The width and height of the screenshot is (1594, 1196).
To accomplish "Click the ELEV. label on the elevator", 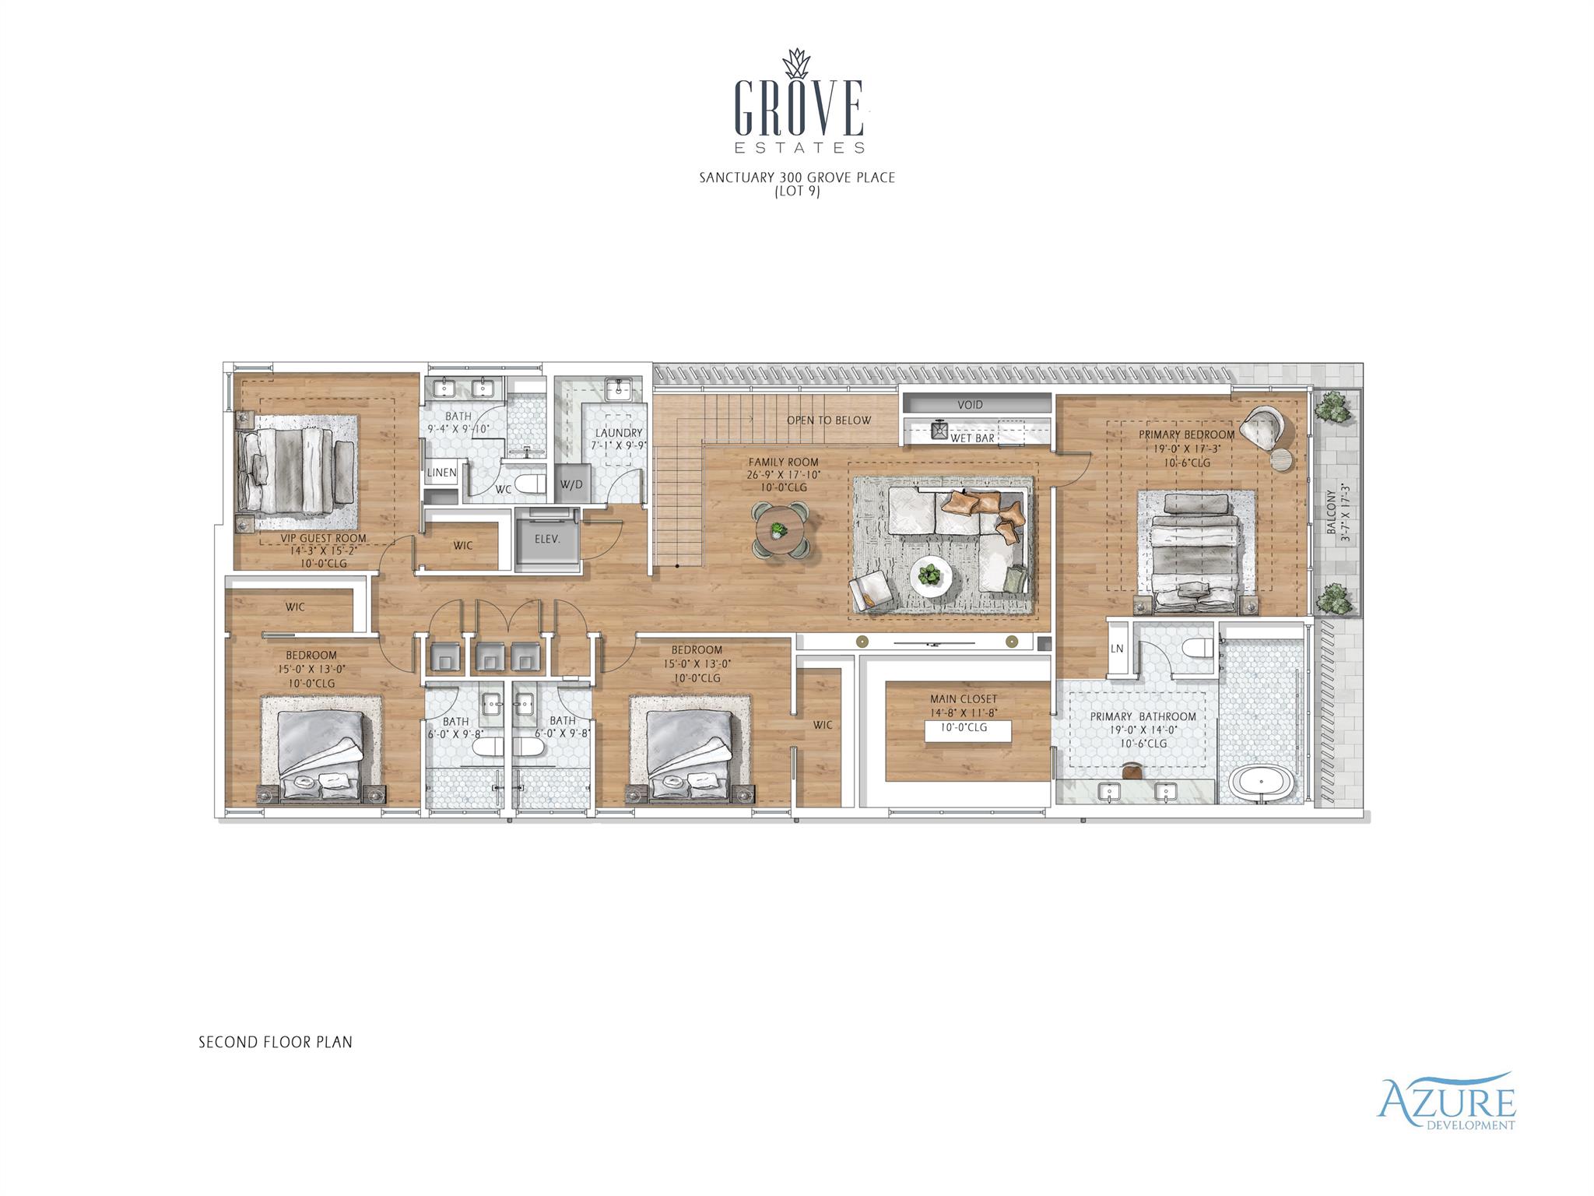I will (547, 538).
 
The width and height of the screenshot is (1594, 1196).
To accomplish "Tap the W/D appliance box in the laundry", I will (571, 484).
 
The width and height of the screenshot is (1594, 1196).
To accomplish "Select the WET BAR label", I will (972, 438).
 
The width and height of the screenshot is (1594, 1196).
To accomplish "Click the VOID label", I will (970, 405).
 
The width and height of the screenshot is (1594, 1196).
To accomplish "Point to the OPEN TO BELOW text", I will (828, 420).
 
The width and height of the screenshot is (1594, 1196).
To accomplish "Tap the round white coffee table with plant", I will (931, 577).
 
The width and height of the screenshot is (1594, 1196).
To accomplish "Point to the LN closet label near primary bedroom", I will (1117, 649).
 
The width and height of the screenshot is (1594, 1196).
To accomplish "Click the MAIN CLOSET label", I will (963, 699).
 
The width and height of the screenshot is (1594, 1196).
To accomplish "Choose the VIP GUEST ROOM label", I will (323, 538).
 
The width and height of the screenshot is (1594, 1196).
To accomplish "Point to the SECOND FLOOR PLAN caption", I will (276, 1042).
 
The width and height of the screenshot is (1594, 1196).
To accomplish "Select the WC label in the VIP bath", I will (504, 490).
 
